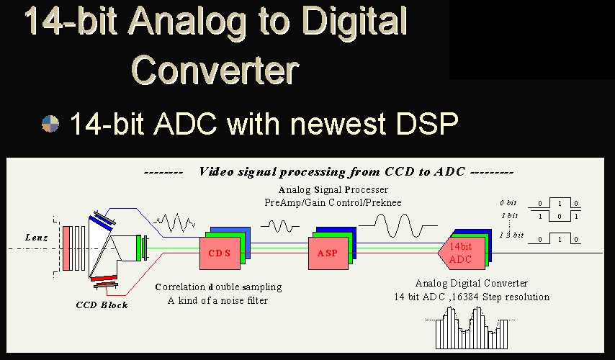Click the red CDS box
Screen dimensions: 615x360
tap(220, 253)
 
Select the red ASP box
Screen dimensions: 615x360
tap(328, 253)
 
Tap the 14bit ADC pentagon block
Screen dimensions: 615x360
tap(461, 253)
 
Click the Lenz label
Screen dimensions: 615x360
tap(37, 238)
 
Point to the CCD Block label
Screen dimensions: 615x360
tap(102, 305)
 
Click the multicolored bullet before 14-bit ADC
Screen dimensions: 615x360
tap(50, 124)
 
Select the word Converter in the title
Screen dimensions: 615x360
tap(215, 69)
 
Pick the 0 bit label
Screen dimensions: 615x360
tap(508, 203)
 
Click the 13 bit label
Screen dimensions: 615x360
tap(512, 235)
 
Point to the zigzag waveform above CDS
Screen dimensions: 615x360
tap(174, 222)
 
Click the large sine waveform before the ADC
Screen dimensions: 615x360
tap(398, 225)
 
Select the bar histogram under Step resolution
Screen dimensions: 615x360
tap(472, 328)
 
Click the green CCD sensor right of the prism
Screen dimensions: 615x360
tap(138, 248)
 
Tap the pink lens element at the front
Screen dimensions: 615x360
tap(66, 248)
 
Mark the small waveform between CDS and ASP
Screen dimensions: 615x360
tap(280, 226)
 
